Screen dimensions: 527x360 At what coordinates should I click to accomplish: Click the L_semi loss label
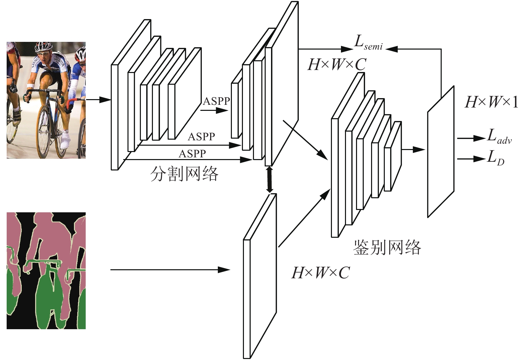[368, 43]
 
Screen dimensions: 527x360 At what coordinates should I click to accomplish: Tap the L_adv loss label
[499, 137]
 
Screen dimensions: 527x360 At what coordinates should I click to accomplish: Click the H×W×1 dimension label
[492, 102]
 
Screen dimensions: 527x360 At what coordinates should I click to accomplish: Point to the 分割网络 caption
[184, 174]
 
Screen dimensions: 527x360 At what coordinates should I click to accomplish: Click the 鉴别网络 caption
[387, 247]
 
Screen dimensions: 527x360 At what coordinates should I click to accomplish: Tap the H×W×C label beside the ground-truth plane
[321, 273]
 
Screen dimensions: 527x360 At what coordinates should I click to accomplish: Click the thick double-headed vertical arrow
[270, 179]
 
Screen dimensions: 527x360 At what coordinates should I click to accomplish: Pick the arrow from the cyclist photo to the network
[98, 99]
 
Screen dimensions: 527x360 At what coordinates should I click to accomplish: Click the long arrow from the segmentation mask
[170, 270]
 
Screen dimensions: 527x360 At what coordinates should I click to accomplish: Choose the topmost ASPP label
[216, 101]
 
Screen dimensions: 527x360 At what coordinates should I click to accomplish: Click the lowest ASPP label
[192, 154]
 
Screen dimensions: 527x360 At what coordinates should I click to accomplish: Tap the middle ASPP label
[201, 137]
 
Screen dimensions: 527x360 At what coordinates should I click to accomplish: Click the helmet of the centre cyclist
[43, 47]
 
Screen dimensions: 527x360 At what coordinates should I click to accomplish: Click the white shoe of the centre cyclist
[65, 140]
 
